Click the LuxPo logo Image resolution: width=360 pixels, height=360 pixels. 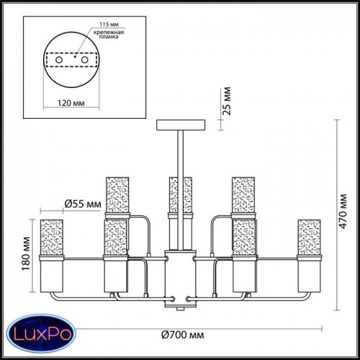tap(41, 334)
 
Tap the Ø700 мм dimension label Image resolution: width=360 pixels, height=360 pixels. tap(183, 335)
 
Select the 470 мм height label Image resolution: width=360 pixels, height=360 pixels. tap(343, 211)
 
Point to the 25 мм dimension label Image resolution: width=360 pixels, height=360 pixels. tap(226, 101)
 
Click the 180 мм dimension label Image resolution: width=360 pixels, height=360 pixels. tap(26, 254)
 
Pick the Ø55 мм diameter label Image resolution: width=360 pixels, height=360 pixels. tap(83, 204)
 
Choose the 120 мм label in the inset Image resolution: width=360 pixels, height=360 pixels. tap(71, 103)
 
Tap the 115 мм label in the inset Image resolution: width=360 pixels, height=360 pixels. tap(109, 24)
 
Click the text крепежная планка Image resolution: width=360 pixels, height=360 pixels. tap(109, 35)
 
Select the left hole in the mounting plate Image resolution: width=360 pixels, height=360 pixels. tap(59, 60)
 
